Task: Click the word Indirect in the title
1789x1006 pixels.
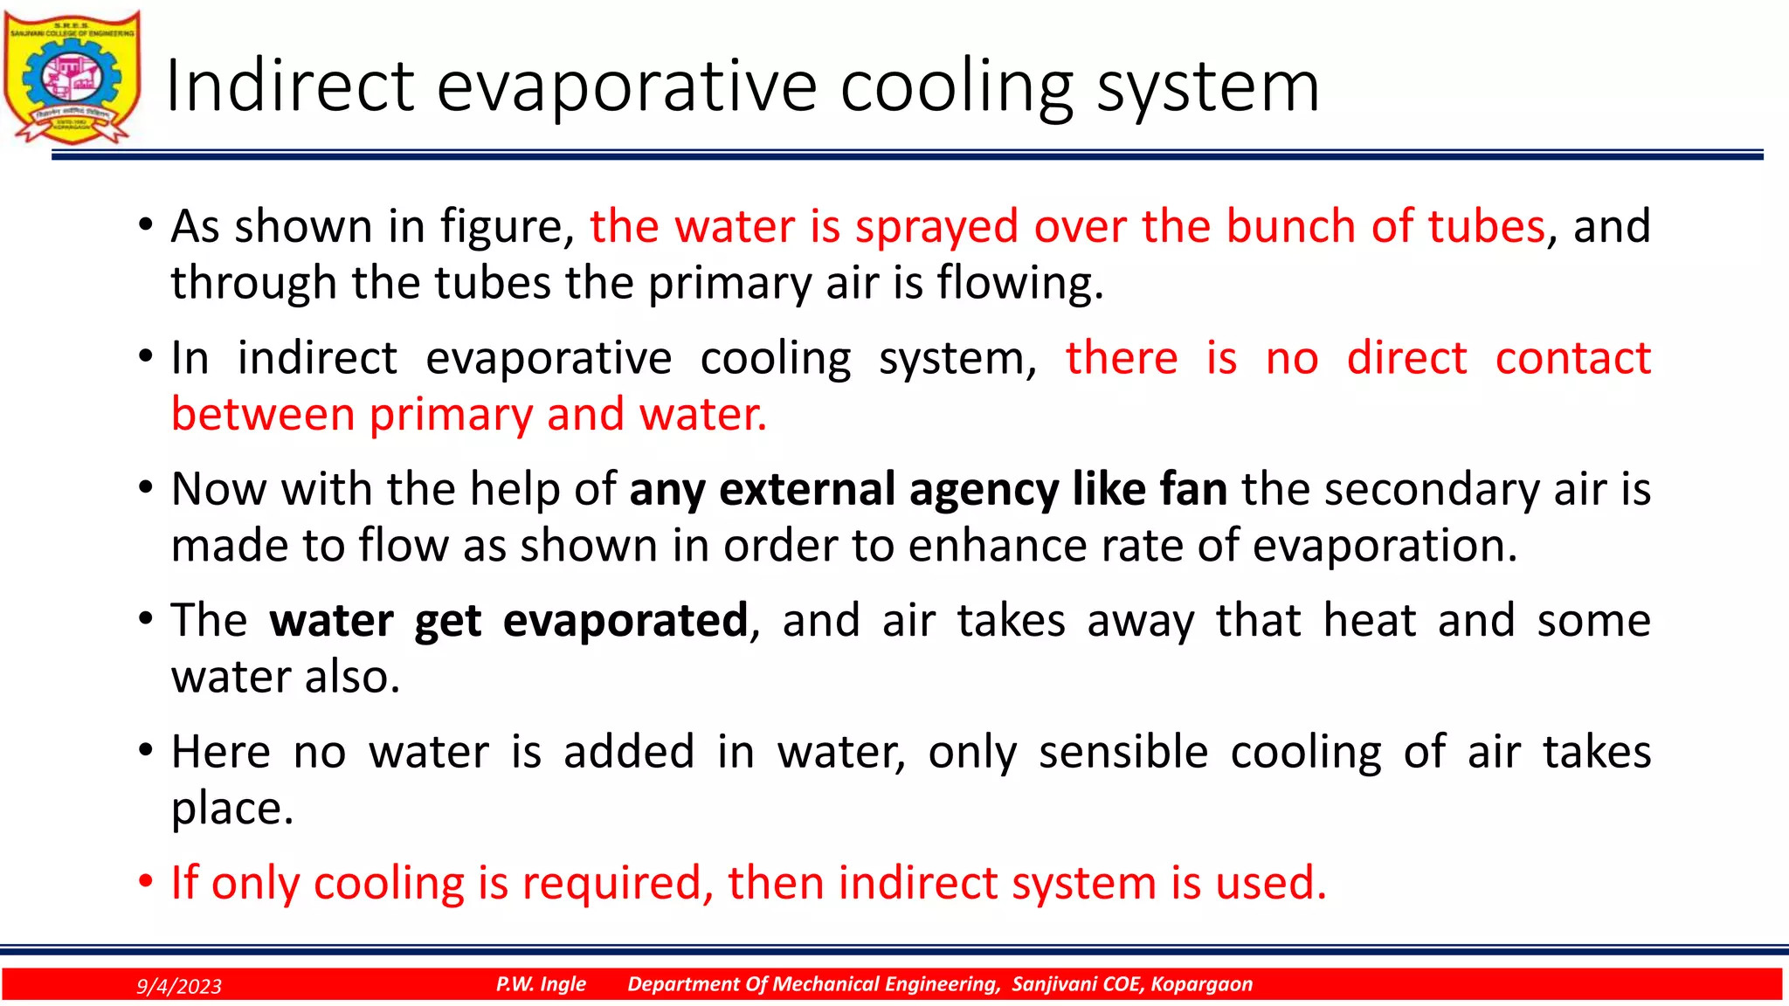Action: pos(289,86)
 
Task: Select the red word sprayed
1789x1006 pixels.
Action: pos(936,226)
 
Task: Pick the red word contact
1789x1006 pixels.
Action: pos(1572,358)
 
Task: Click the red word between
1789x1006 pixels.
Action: pos(263,414)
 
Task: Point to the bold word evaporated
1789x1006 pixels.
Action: pos(625,620)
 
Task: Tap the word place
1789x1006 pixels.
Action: pos(231,810)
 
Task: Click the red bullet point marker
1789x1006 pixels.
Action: pos(146,882)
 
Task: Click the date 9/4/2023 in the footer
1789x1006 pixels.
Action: pos(179,986)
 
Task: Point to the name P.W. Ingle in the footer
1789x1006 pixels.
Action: pos(541,984)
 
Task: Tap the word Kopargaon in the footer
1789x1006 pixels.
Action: pos(1201,984)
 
